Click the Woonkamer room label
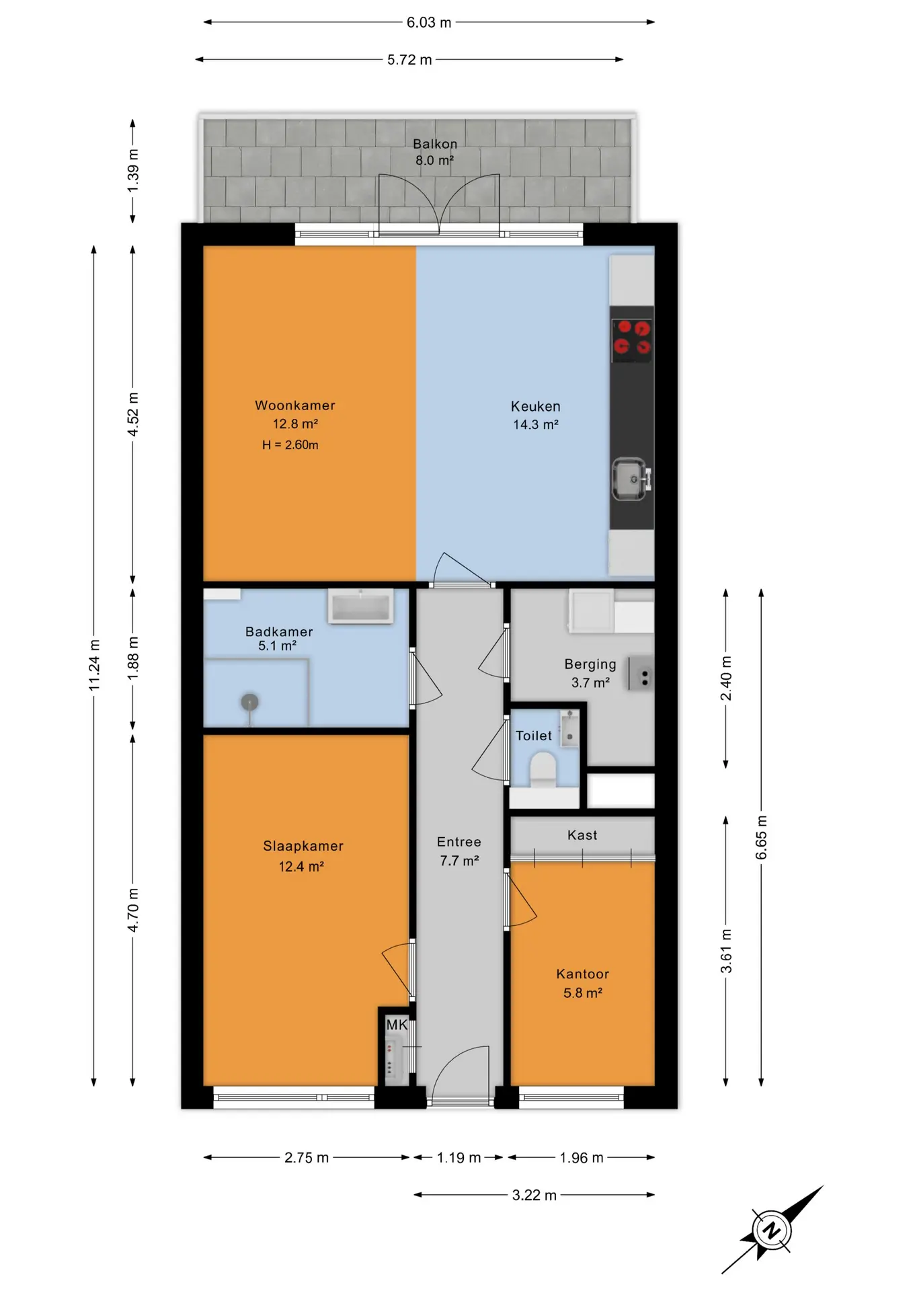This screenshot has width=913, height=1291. tap(294, 405)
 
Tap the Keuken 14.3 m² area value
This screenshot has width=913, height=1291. tap(536, 425)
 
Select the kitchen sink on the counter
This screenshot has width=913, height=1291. tap(631, 479)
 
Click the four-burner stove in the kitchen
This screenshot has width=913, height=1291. tap(632, 337)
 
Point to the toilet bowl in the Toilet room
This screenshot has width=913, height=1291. tap(543, 769)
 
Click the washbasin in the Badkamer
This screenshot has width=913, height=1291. tap(360, 606)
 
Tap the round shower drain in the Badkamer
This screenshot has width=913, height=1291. tap(250, 702)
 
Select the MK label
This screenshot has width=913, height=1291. tap(397, 1025)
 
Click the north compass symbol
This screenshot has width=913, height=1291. tap(772, 1230)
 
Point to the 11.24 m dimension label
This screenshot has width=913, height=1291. tap(94, 665)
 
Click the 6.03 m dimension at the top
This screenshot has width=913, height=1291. tap(429, 22)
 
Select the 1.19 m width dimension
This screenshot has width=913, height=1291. tap(459, 1157)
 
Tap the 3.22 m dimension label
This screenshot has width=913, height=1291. tap(534, 1195)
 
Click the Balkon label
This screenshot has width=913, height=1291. tap(435, 144)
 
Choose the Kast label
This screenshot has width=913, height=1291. tap(582, 835)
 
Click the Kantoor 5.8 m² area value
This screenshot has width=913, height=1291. tap(583, 993)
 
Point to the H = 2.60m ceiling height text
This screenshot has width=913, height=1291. tap(290, 445)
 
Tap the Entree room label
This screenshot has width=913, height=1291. tap(459, 842)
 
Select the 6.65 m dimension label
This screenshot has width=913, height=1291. tap(761, 838)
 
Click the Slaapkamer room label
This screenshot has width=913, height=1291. tap(303, 846)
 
